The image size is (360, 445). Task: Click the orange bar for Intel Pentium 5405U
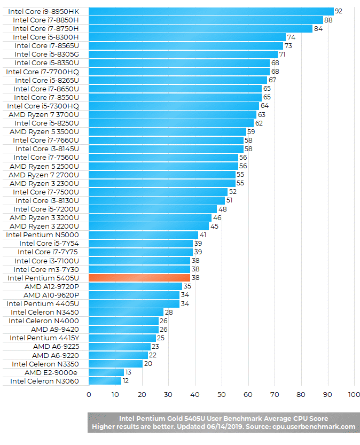(139, 278)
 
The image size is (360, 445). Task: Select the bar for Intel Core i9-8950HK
(210, 11)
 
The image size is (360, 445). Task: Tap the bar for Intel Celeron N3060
(105, 381)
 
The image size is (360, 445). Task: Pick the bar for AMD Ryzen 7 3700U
(172, 114)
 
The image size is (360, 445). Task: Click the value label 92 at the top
(338, 11)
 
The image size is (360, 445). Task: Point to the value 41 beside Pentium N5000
(202, 235)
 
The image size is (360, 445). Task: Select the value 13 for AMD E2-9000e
(128, 372)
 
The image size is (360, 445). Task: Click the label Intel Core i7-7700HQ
(42, 72)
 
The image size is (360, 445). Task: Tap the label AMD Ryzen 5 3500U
(44, 131)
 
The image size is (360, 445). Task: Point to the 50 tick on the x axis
(221, 395)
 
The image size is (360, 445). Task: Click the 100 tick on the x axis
(354, 395)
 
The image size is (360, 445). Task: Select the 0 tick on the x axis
(89, 395)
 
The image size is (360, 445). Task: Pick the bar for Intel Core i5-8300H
(186, 37)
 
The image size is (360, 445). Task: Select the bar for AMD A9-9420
(123, 329)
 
